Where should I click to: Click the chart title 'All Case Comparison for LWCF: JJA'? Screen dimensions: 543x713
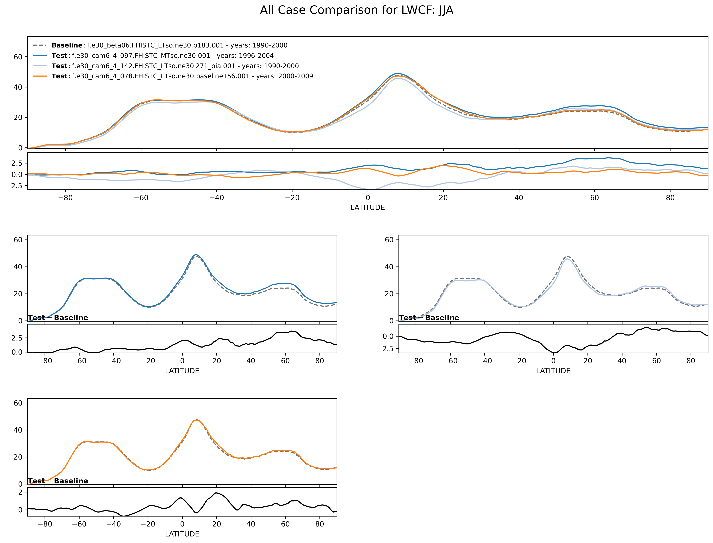point(356,10)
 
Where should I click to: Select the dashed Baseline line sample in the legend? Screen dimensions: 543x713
point(40,45)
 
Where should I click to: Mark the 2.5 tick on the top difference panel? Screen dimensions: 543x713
point(17,163)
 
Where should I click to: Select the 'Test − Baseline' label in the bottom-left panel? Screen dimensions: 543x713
point(58,481)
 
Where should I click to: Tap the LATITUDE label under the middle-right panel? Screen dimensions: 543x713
point(553,371)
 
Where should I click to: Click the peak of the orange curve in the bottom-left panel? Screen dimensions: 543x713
point(196,420)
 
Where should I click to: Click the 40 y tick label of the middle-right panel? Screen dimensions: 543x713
point(389,267)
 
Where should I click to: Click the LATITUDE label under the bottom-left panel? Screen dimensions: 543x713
point(182,534)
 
